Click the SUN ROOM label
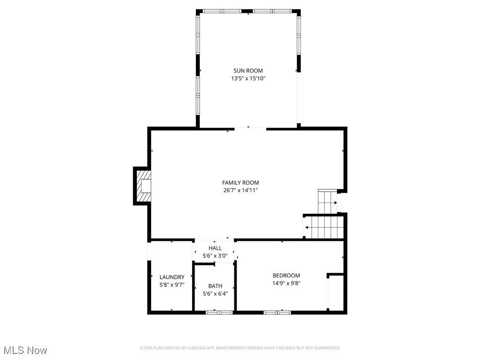[248, 71]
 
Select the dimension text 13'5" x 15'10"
[248, 79]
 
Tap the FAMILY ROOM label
[240, 182]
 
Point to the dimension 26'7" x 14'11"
[240, 190]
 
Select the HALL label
[215, 248]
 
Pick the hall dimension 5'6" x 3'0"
[215, 256]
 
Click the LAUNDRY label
[172, 277]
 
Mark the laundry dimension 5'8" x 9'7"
[172, 285]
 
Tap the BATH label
[215, 286]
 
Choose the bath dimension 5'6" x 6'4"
[215, 294]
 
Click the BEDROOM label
[286, 276]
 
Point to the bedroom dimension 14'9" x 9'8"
[286, 283]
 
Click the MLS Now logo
[25, 350]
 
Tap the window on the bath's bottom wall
[215, 312]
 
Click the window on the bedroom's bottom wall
[277, 312]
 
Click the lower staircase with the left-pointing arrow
[323, 227]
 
